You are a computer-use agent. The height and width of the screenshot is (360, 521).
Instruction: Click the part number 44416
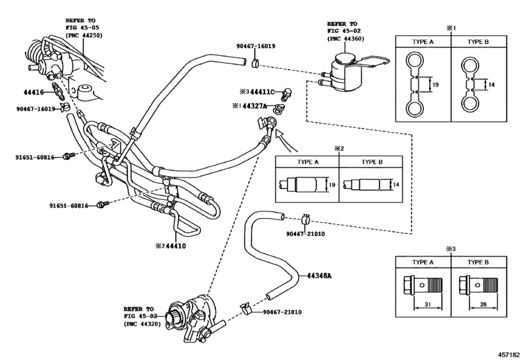pyautogui.click(x=33, y=92)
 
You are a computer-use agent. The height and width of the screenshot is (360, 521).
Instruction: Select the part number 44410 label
pyautogui.click(x=176, y=246)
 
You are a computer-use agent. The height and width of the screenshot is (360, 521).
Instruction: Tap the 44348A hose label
pyautogui.click(x=319, y=276)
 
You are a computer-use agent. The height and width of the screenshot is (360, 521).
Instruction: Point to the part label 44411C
pyautogui.click(x=263, y=92)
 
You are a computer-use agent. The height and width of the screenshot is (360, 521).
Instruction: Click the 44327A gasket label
pyautogui.click(x=254, y=106)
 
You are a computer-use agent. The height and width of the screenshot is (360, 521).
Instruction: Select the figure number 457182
pyautogui.click(x=508, y=355)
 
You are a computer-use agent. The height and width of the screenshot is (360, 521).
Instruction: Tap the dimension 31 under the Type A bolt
pyautogui.click(x=428, y=304)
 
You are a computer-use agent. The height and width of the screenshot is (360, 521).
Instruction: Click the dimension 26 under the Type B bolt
pyautogui.click(x=484, y=304)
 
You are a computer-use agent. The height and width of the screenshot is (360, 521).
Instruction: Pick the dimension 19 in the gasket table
pyautogui.click(x=435, y=85)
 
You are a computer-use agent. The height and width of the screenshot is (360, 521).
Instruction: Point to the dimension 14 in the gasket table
pyautogui.click(x=491, y=85)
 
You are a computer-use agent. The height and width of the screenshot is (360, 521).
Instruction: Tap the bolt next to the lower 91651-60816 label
pyautogui.click(x=102, y=204)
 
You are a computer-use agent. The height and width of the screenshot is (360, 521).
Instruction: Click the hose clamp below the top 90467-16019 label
pyautogui.click(x=255, y=63)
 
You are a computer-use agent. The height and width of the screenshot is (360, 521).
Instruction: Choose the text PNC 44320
pyautogui.click(x=142, y=324)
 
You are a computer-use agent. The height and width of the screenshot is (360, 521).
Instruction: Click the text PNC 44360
pyautogui.click(x=346, y=39)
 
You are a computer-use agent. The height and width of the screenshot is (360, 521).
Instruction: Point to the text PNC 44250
pyautogui.click(x=84, y=35)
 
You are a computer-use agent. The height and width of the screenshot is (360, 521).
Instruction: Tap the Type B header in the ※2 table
pyautogui.click(x=372, y=162)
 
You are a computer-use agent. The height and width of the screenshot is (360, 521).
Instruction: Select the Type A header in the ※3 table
pyautogui.click(x=423, y=262)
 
